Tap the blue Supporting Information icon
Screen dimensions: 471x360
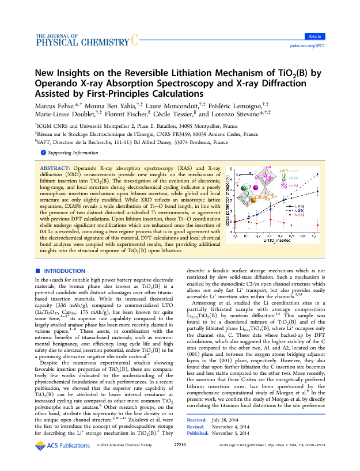[42, 153]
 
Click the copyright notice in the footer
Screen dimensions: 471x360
[123, 462]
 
